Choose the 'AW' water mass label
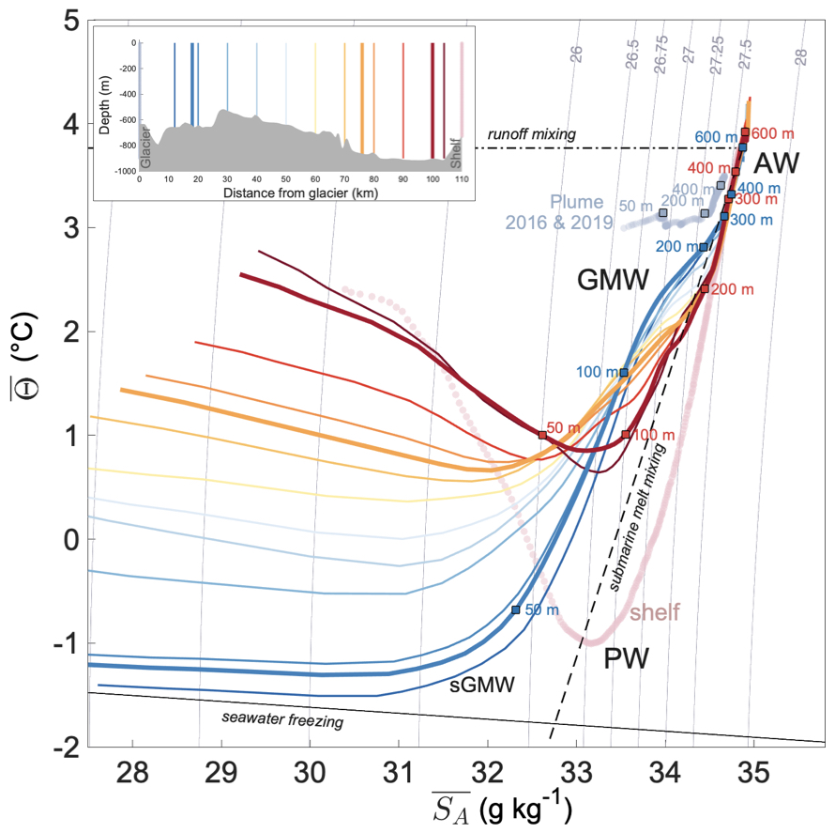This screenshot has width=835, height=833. point(778,164)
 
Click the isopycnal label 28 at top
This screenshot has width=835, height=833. point(800,57)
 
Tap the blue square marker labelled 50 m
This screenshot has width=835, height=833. point(515,609)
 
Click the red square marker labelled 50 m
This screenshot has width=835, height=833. point(542,435)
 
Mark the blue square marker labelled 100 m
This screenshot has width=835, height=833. point(624,373)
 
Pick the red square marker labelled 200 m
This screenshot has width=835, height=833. point(705,288)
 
